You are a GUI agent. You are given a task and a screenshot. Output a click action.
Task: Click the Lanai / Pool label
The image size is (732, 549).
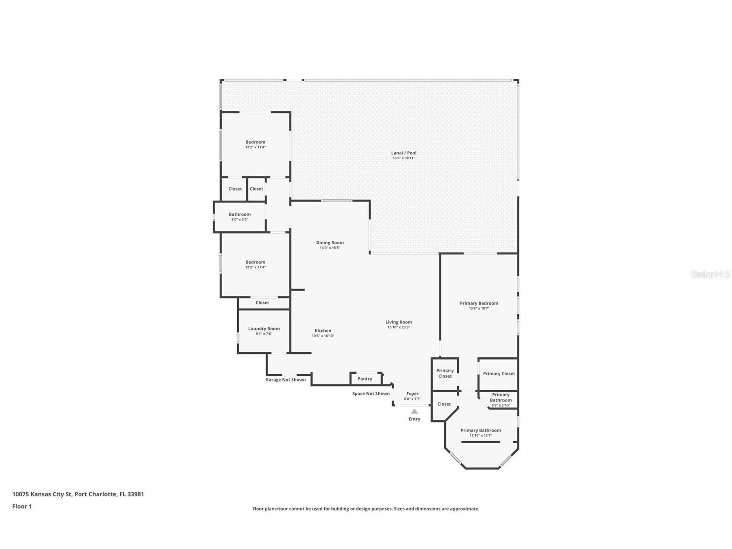[x=404, y=153]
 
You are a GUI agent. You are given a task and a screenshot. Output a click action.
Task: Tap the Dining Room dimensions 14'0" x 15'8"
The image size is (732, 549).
[x=330, y=248]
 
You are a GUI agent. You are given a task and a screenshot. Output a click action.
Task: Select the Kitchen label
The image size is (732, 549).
[x=323, y=331]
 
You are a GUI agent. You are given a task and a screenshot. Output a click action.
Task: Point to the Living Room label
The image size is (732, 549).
[x=399, y=322]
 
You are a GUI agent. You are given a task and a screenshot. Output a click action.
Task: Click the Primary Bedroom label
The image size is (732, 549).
[x=479, y=303]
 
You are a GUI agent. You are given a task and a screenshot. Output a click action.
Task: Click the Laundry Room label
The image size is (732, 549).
[x=264, y=328]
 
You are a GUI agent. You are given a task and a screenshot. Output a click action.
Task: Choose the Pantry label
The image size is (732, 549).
[x=364, y=379]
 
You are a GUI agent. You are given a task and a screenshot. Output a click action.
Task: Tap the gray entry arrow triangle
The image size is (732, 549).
[x=414, y=411]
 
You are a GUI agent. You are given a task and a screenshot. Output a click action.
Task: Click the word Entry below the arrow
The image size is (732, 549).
[x=414, y=419]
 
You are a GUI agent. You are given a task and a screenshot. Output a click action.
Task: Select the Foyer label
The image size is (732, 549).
[x=412, y=394]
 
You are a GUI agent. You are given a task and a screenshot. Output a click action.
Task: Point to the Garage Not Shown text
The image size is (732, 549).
[x=285, y=380]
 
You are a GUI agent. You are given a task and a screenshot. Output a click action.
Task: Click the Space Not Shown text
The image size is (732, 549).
[x=371, y=394]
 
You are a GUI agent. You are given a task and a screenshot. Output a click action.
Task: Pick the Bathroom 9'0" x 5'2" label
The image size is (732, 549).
[x=239, y=215]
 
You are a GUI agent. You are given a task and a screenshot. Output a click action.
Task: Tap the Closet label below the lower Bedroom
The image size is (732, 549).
[x=262, y=303]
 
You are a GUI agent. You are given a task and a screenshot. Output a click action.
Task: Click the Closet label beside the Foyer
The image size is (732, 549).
[x=444, y=404]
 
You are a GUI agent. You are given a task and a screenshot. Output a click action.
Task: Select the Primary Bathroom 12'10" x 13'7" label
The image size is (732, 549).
[x=481, y=430]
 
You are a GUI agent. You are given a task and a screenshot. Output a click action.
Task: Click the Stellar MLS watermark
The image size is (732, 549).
[x=710, y=274]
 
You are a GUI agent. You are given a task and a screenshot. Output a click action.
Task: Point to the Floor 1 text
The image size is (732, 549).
[x=22, y=506]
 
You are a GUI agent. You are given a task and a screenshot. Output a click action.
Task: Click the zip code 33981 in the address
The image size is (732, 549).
[x=136, y=494]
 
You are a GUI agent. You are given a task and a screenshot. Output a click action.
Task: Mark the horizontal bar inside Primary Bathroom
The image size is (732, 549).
[x=481, y=442]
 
